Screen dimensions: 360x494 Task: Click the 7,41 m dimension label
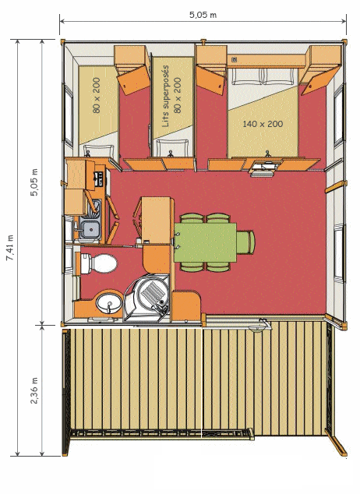10,248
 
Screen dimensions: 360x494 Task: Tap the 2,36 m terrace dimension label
34,390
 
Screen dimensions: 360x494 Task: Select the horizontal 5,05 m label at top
203,15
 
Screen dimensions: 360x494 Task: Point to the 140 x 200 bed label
263,124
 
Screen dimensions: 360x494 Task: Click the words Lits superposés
165,96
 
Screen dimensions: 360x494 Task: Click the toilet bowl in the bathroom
99,263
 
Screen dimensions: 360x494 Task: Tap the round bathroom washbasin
109,303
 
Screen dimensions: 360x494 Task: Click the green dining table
205,242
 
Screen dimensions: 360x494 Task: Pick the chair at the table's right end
245,242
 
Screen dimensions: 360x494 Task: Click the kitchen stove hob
99,179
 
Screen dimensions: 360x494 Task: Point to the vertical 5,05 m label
34,182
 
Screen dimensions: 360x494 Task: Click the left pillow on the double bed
247,76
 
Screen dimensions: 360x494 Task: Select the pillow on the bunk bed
172,148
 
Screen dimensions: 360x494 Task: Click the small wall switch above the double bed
234,59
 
